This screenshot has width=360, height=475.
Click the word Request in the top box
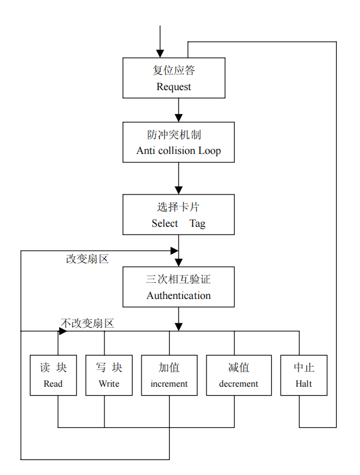point(174,87)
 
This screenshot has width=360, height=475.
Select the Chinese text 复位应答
point(174,70)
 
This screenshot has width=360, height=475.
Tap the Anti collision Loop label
point(179,150)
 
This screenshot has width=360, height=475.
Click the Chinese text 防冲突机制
point(179,134)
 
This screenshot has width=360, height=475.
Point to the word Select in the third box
point(165,223)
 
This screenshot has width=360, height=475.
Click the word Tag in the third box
point(198,223)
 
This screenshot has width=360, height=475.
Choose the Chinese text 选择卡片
point(179,207)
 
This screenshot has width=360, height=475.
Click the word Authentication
point(179,295)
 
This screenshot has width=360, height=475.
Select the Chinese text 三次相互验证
point(179,279)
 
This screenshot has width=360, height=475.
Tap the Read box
point(53,375)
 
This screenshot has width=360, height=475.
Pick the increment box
point(169,375)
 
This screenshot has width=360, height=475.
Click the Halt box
point(304,375)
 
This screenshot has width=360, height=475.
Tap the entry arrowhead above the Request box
point(160,53)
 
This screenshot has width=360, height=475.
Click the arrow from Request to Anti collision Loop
point(179,110)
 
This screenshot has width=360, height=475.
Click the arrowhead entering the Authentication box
point(179,262)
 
